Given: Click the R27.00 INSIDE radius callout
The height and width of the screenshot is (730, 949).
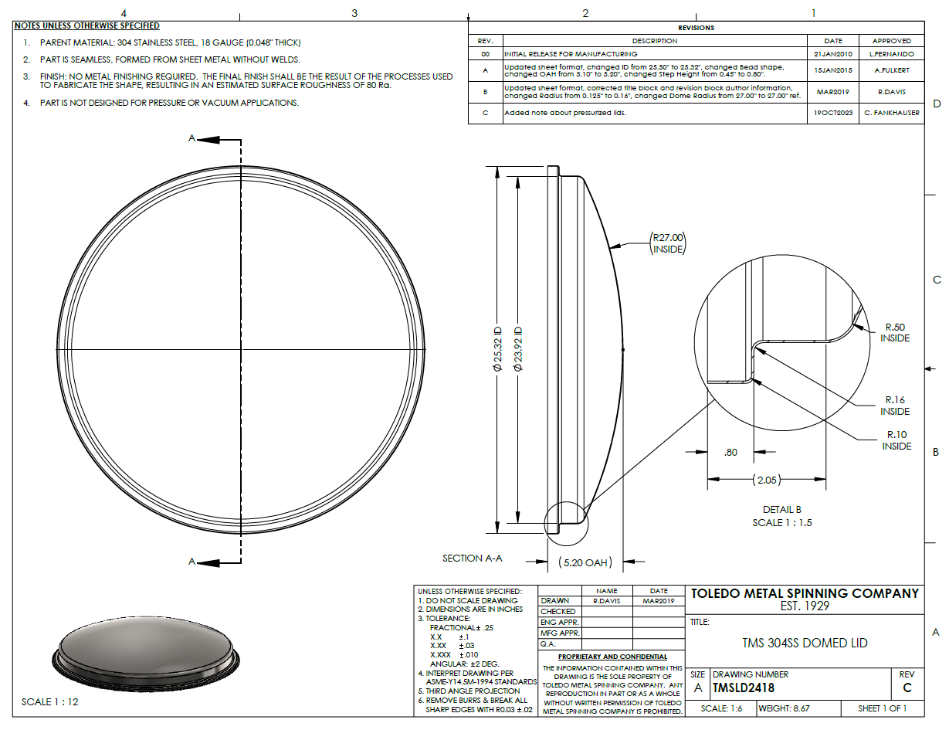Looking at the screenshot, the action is (668, 243).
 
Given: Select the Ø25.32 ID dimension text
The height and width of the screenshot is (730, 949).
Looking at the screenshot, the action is (497, 349).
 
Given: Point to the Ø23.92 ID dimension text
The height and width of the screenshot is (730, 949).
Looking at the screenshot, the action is (518, 349).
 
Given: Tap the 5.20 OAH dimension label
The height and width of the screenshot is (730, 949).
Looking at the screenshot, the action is (585, 562).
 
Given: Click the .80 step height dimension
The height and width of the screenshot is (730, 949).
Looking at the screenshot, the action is (730, 452).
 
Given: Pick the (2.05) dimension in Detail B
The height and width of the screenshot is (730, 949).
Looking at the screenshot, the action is (767, 480).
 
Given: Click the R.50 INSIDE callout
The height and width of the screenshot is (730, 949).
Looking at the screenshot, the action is (895, 332).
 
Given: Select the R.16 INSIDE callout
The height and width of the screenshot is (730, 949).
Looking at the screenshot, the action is (895, 406).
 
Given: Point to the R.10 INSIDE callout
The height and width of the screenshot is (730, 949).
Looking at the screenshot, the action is (896, 440).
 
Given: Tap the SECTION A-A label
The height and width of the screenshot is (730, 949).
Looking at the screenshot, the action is (472, 558).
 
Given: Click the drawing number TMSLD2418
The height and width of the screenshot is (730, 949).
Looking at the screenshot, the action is (744, 688).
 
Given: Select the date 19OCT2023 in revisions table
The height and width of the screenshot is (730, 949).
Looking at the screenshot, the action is (833, 113).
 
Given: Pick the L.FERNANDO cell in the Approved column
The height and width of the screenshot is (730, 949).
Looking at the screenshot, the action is (891, 54).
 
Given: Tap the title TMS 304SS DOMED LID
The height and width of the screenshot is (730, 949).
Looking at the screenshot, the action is (805, 643).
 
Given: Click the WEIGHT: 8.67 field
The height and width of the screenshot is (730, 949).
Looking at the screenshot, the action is (784, 708).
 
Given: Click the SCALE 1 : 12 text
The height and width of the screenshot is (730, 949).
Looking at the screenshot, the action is (49, 701).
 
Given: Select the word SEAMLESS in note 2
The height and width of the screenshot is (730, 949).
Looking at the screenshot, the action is (92, 59).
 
